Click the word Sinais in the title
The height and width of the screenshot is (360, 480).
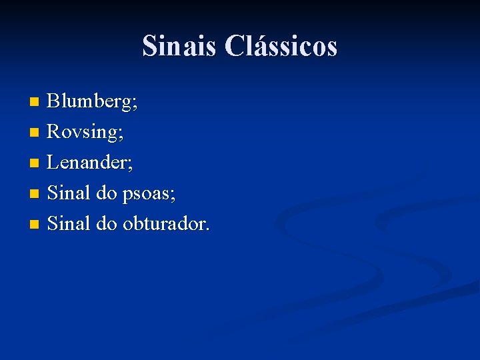(179, 47)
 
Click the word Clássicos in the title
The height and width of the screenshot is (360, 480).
(281, 47)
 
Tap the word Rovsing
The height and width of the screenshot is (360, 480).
(83, 132)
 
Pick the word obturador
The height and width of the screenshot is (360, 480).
(164, 223)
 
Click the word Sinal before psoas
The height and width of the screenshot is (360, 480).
(69, 193)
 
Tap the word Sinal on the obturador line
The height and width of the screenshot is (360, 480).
(69, 223)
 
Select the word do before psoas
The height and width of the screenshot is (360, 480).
(107, 193)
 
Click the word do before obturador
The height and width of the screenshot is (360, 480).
(107, 223)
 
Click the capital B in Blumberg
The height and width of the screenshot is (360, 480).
(53, 102)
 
